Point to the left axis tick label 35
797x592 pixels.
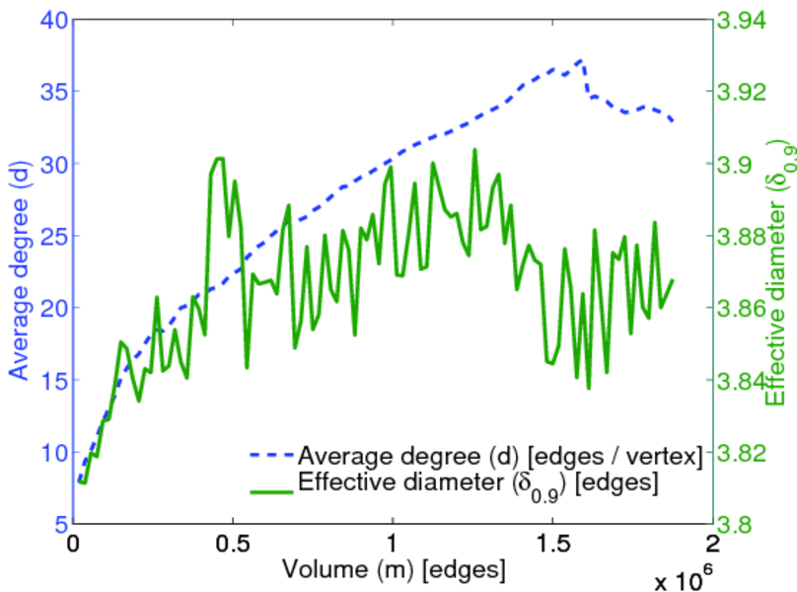pos(49,92)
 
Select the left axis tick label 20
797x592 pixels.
pos(49,308)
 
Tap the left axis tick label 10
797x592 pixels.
pos(49,453)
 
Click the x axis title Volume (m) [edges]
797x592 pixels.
pos(394,569)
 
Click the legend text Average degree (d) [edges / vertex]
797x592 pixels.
pos(500,457)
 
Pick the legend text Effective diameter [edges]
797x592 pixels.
pos(478,483)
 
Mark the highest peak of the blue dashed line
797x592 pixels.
pos(580,60)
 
